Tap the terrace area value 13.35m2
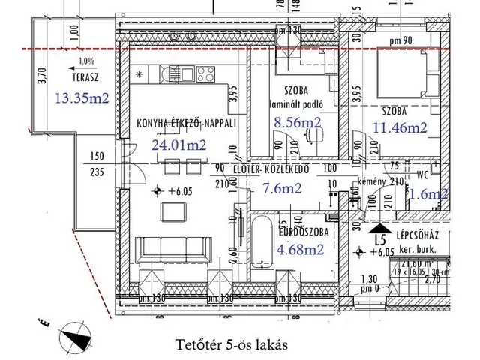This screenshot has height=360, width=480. pyautogui.click(x=82, y=97)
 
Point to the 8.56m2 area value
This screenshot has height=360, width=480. pyautogui.click(x=297, y=122)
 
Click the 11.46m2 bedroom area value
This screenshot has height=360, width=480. pyautogui.click(x=399, y=127)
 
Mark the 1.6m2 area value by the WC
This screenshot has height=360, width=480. pyautogui.click(x=429, y=194)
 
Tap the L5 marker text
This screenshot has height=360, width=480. pyautogui.click(x=380, y=241)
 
